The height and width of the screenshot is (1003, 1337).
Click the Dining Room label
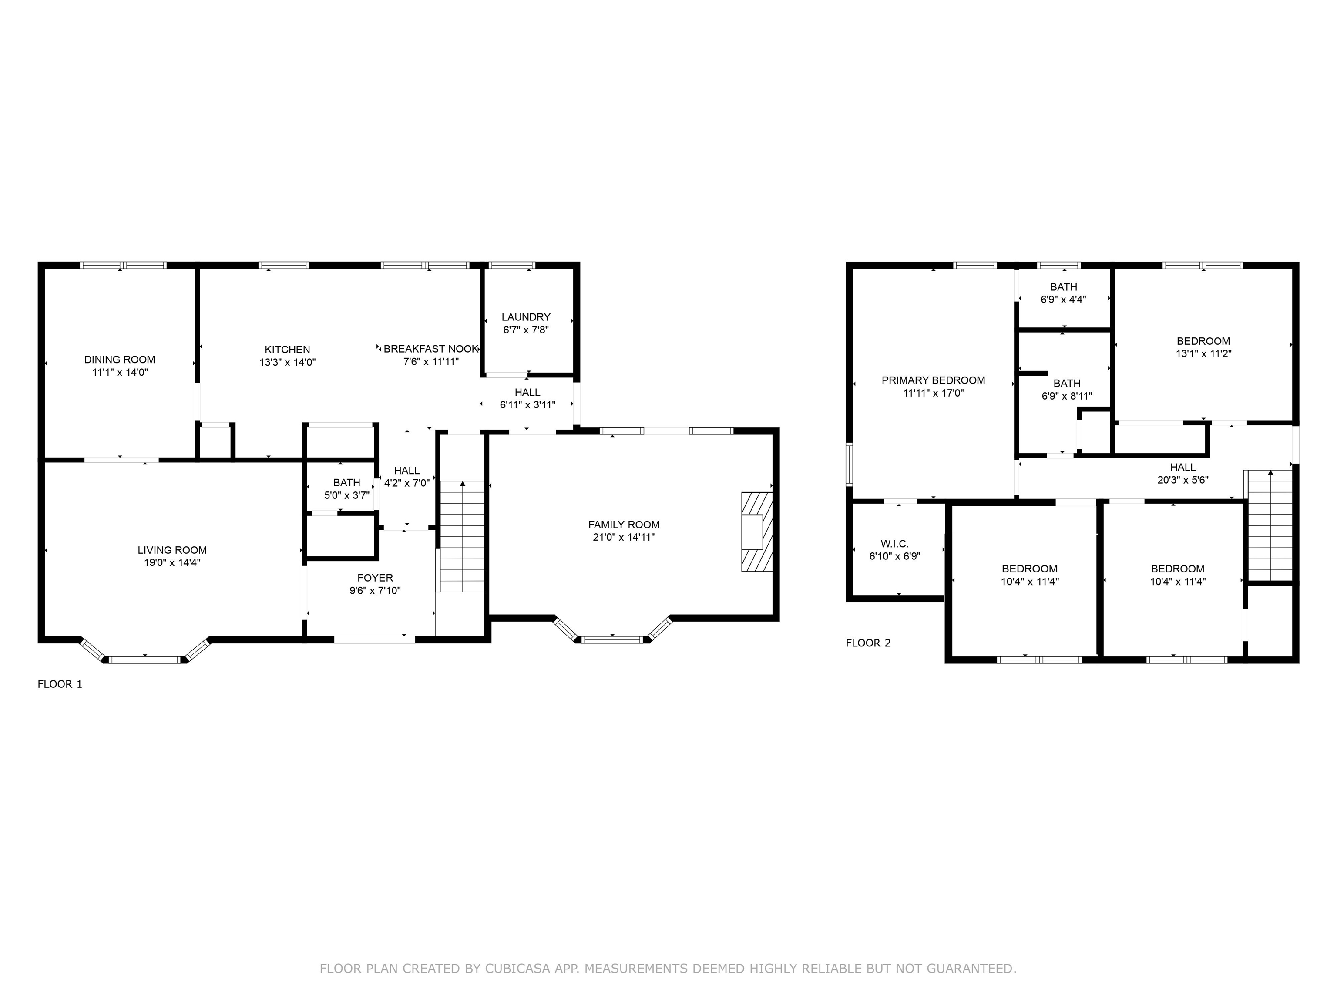point(120,360)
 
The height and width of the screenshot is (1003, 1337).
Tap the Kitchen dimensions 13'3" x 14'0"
point(288,363)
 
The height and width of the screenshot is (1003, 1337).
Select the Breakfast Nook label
point(431,349)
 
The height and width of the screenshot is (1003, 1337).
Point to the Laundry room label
point(526,317)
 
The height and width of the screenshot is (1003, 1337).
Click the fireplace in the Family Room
point(757,532)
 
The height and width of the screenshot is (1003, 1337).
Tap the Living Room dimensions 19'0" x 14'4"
point(172,563)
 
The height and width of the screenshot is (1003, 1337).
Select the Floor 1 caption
point(60,684)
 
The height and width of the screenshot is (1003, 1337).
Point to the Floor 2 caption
point(868,643)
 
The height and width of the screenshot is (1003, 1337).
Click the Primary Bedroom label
point(933,380)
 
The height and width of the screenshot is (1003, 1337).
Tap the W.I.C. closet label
point(894,544)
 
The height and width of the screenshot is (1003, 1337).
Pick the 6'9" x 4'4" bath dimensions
point(1063,299)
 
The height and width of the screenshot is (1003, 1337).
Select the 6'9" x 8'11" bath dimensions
point(1067,397)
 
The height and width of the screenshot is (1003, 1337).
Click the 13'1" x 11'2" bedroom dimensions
point(1203,353)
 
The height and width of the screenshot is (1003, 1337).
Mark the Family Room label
point(624,525)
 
